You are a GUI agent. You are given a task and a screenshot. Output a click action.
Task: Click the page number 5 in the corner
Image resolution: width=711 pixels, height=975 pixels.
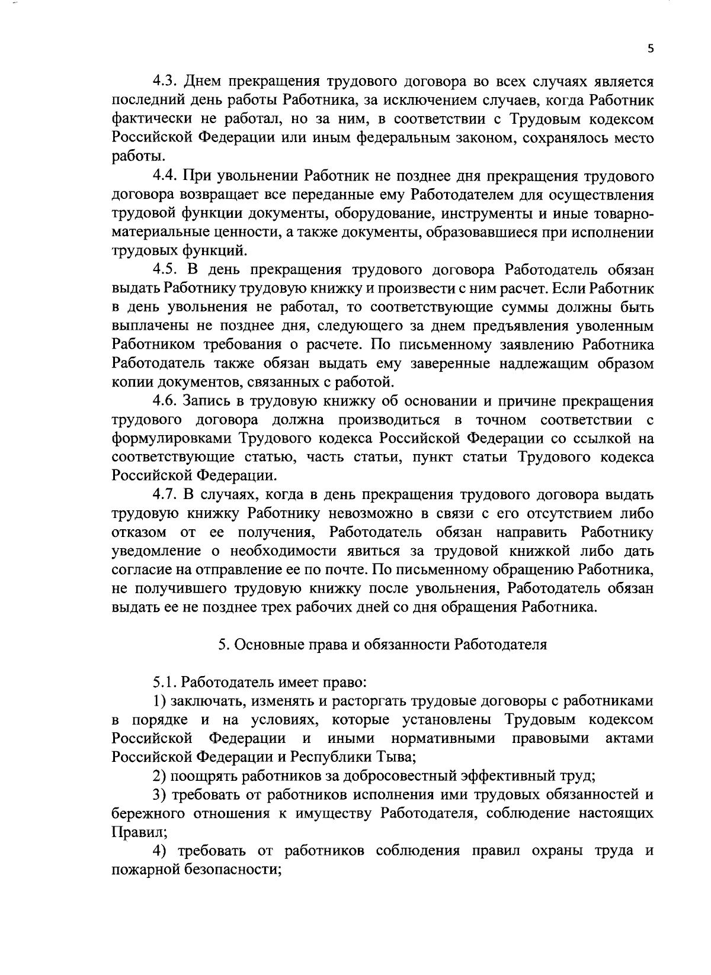coord(650,50)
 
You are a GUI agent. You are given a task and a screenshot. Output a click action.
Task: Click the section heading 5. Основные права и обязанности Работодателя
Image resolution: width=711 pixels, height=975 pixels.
coord(382,645)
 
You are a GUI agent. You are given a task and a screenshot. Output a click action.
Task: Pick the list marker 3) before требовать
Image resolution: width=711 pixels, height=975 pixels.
coord(159,794)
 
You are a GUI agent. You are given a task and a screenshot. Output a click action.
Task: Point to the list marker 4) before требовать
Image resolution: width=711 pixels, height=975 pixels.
coord(159,851)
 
